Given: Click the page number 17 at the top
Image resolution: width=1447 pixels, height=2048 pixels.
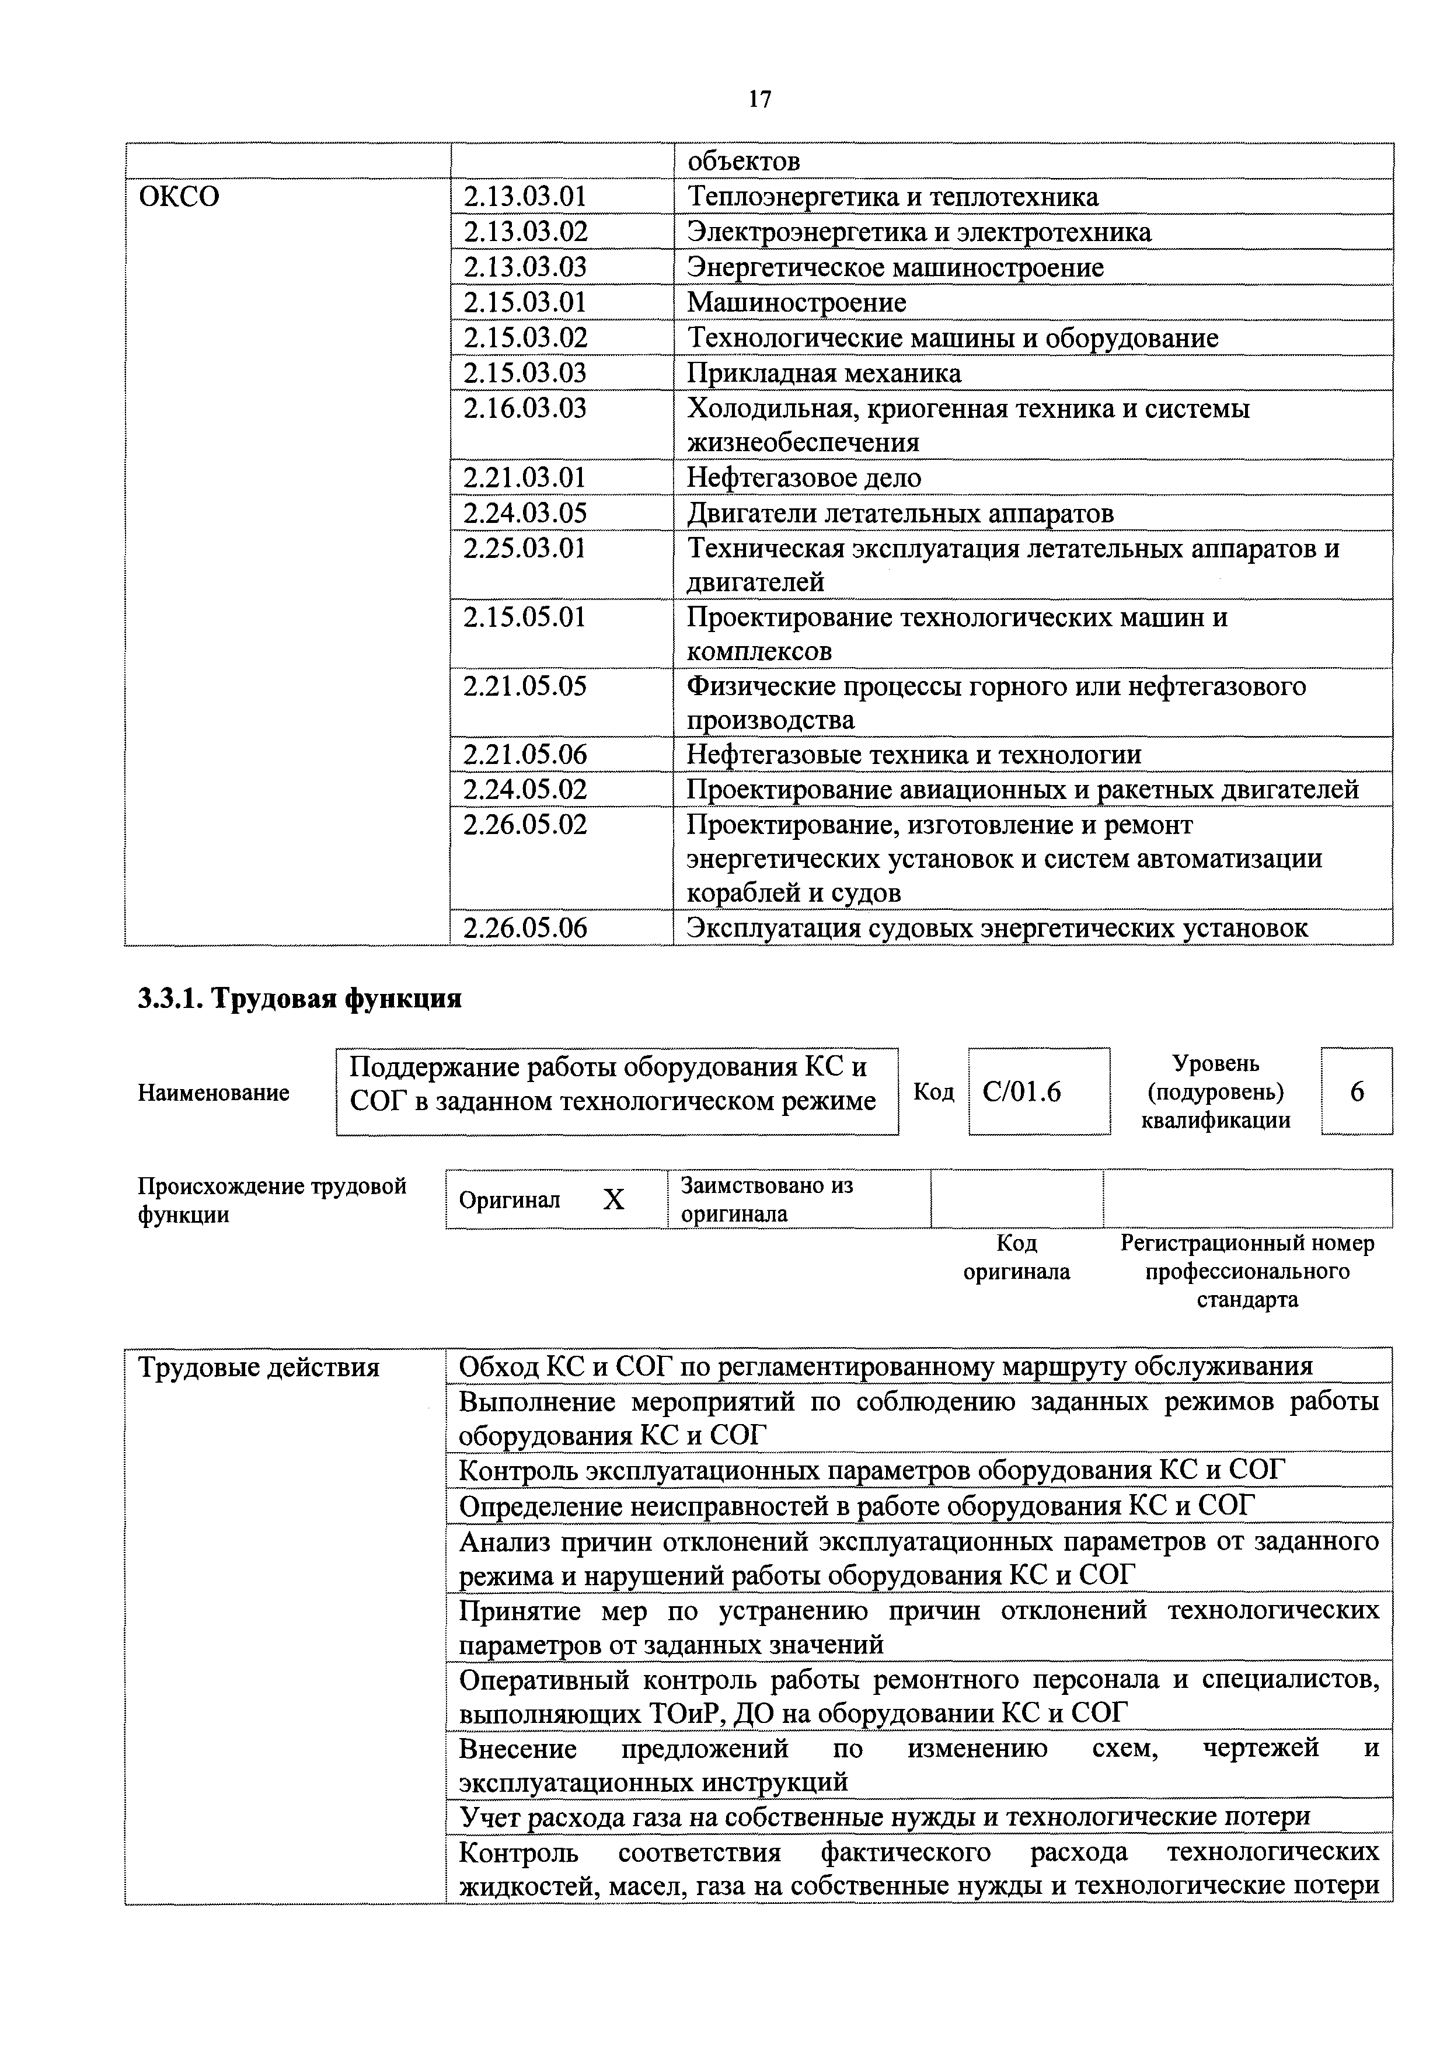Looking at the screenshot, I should (760, 99).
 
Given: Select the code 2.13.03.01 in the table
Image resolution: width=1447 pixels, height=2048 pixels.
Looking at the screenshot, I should (525, 197).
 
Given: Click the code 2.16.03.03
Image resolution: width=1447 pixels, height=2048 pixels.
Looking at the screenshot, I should (525, 409).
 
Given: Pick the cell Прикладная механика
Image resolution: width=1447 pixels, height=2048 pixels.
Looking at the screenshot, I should (824, 373).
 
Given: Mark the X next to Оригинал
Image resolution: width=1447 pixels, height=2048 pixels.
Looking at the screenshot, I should (614, 1201).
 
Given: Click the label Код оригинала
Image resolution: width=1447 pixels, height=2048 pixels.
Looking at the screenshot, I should (1016, 1257).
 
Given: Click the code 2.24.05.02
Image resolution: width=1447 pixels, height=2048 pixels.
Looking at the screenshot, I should (525, 790).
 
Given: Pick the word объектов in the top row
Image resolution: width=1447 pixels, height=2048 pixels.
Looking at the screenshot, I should (742, 162).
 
